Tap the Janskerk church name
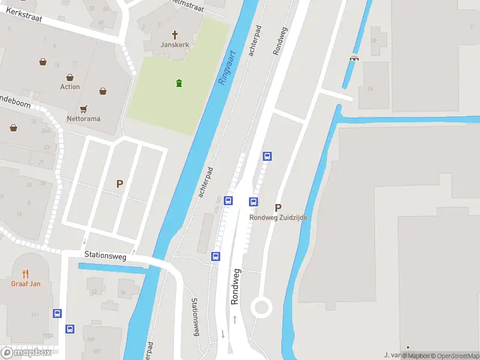click(175, 45)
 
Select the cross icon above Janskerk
click(175, 35)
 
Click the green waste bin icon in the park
click(178, 83)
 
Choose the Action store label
click(70, 87)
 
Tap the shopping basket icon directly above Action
click(70, 77)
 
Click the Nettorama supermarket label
click(83, 119)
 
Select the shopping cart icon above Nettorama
click(83, 109)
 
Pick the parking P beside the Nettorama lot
click(120, 184)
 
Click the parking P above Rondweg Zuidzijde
click(278, 208)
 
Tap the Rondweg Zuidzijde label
click(278, 218)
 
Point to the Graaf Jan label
click(26, 284)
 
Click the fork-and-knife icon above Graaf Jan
click(26, 274)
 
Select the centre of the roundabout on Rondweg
click(262, 308)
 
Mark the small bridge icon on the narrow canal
click(354, 58)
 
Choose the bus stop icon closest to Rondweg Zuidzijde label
click(254, 202)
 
